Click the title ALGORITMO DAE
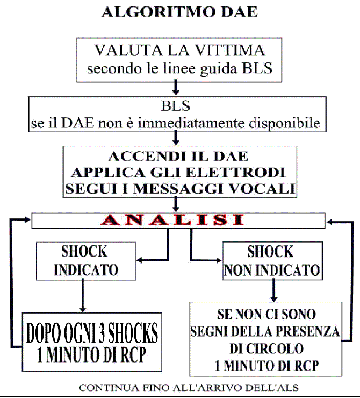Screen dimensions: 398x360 (x=179, y=12)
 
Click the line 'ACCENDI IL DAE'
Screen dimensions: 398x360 (x=179, y=157)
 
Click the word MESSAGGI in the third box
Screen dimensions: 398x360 (x=182, y=189)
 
